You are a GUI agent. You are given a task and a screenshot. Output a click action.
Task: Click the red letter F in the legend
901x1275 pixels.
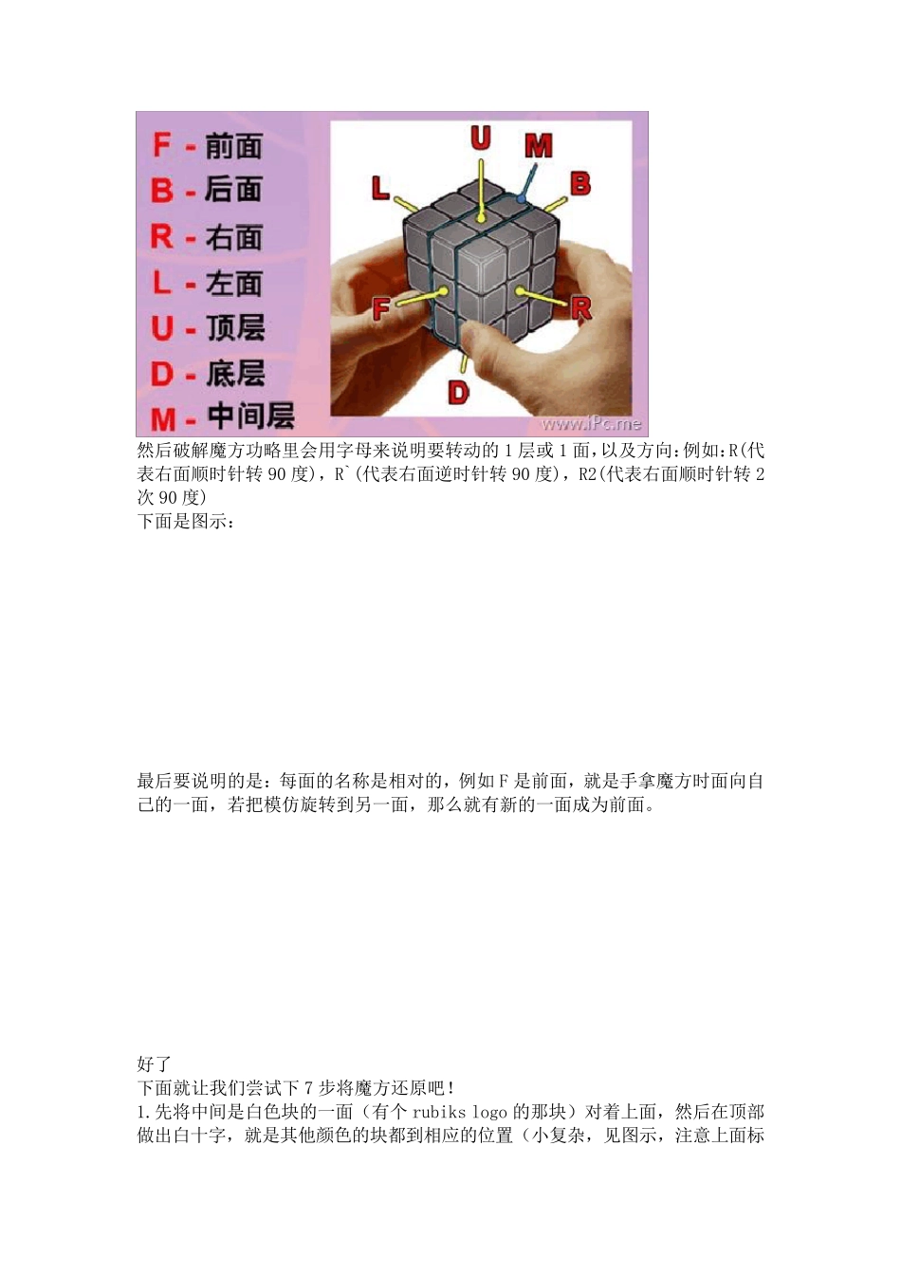click(162, 145)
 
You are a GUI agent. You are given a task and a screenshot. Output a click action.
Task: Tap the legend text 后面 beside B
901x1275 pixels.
click(233, 190)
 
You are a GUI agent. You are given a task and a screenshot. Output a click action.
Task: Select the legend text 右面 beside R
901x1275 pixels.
click(233, 236)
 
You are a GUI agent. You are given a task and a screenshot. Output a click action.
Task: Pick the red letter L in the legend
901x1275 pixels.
click(162, 282)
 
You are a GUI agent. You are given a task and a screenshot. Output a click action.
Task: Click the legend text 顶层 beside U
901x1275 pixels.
click(235, 328)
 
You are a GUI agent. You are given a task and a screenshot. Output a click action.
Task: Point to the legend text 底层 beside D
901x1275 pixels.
click(235, 373)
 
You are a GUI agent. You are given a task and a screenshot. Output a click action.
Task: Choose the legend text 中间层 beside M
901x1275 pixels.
click(250, 416)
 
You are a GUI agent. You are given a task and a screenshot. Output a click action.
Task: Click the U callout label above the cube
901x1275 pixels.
click(481, 139)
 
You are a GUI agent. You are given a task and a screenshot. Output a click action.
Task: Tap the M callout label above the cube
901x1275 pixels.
click(538, 146)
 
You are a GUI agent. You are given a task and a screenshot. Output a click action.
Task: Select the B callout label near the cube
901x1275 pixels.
click(580, 183)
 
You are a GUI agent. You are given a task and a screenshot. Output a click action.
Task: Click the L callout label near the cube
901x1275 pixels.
click(380, 188)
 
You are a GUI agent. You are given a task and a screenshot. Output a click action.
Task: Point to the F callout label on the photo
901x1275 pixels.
click(381, 308)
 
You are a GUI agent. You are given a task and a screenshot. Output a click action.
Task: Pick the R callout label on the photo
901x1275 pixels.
click(580, 307)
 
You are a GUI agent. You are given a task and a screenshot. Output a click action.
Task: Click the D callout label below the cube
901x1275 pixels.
click(458, 392)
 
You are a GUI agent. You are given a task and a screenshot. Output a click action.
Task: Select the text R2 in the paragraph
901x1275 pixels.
click(588, 474)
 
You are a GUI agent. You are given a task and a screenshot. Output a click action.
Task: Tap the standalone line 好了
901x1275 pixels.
click(154, 1064)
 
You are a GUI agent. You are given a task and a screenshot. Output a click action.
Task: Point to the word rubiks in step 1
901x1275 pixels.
click(439, 1112)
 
